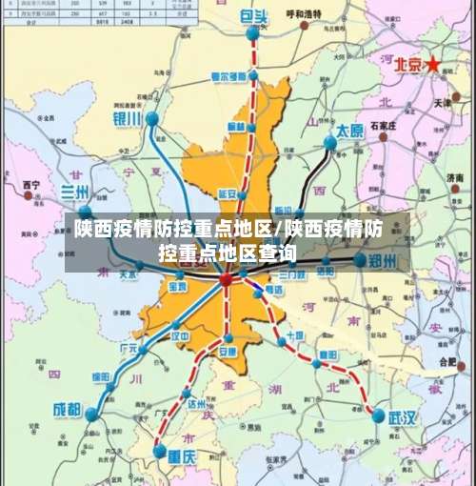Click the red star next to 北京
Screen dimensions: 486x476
point(434,64)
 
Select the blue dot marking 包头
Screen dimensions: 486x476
point(252,34)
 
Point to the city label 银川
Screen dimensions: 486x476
point(127,119)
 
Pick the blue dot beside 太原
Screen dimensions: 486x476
point(329,143)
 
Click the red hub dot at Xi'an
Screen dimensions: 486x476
point(226,280)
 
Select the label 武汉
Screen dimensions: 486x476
point(402,417)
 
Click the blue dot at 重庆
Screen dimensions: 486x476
point(159,450)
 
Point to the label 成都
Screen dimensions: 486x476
point(67,410)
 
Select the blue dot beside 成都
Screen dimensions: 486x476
point(92,415)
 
